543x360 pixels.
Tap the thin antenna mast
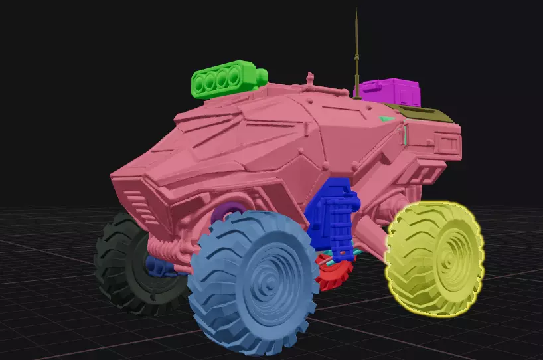pyautogui.click(x=357, y=53)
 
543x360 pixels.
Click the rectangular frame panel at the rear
pyautogui.click(x=446, y=142)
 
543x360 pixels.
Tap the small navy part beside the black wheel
pyautogui.click(x=158, y=266)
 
